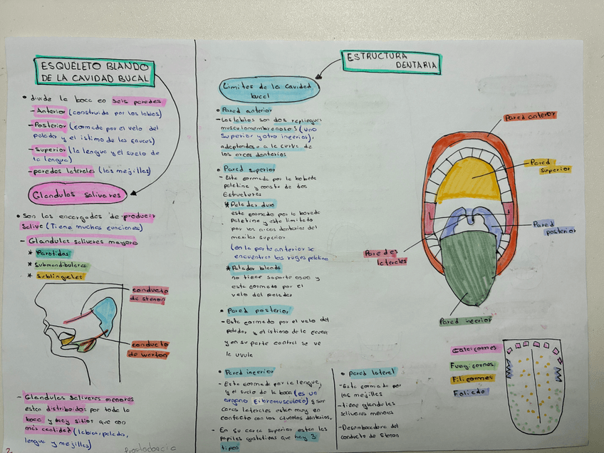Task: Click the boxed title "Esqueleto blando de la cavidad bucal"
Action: pyautogui.click(x=95, y=71)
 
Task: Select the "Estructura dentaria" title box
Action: pyautogui.click(x=392, y=61)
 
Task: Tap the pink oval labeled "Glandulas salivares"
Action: pyautogui.click(x=78, y=194)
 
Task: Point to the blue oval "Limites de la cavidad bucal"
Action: pyautogui.click(x=269, y=89)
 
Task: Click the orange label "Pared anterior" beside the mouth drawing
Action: pyautogui.click(x=530, y=116)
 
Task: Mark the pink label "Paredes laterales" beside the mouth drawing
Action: pyautogui.click(x=385, y=257)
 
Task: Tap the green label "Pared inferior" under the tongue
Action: pyautogui.click(x=467, y=321)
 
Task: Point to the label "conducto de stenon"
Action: pyautogui.click(x=150, y=295)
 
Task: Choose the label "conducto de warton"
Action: pyautogui.click(x=150, y=348)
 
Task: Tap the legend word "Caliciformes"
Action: pyautogui.click(x=476, y=349)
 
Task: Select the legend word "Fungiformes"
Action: pyautogui.click(x=474, y=365)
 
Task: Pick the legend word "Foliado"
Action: pyautogui.click(x=470, y=392)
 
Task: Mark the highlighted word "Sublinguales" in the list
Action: pyautogui.click(x=59, y=276)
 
